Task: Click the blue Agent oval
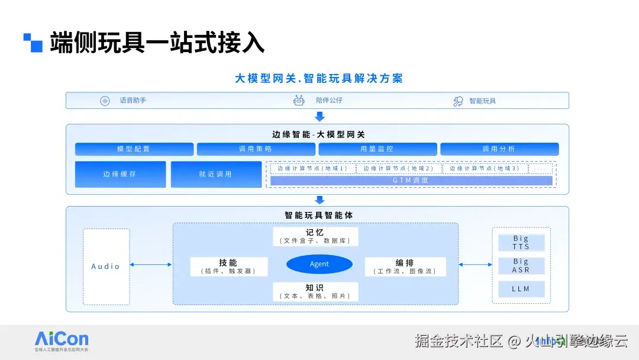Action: click(x=319, y=264)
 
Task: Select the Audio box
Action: click(x=106, y=266)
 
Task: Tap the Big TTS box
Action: click(x=521, y=242)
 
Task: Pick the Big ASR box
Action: click(x=521, y=265)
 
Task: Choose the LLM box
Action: click(x=521, y=289)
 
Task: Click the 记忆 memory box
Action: click(x=315, y=236)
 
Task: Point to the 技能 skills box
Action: click(x=229, y=266)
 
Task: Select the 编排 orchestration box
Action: click(x=405, y=266)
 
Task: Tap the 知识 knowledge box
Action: click(x=315, y=291)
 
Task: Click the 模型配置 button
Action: click(x=134, y=149)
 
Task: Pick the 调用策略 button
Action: click(x=256, y=149)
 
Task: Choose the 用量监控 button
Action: click(x=377, y=149)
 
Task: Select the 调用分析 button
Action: click(x=499, y=149)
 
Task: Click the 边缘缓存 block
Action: click(x=120, y=174)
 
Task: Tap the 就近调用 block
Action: click(x=216, y=174)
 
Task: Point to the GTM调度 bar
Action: click(x=411, y=180)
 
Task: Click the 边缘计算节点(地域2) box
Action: click(x=399, y=168)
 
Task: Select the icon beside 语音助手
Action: click(x=105, y=101)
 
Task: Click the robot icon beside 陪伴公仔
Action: click(x=299, y=101)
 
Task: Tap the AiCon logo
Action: click(x=62, y=339)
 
